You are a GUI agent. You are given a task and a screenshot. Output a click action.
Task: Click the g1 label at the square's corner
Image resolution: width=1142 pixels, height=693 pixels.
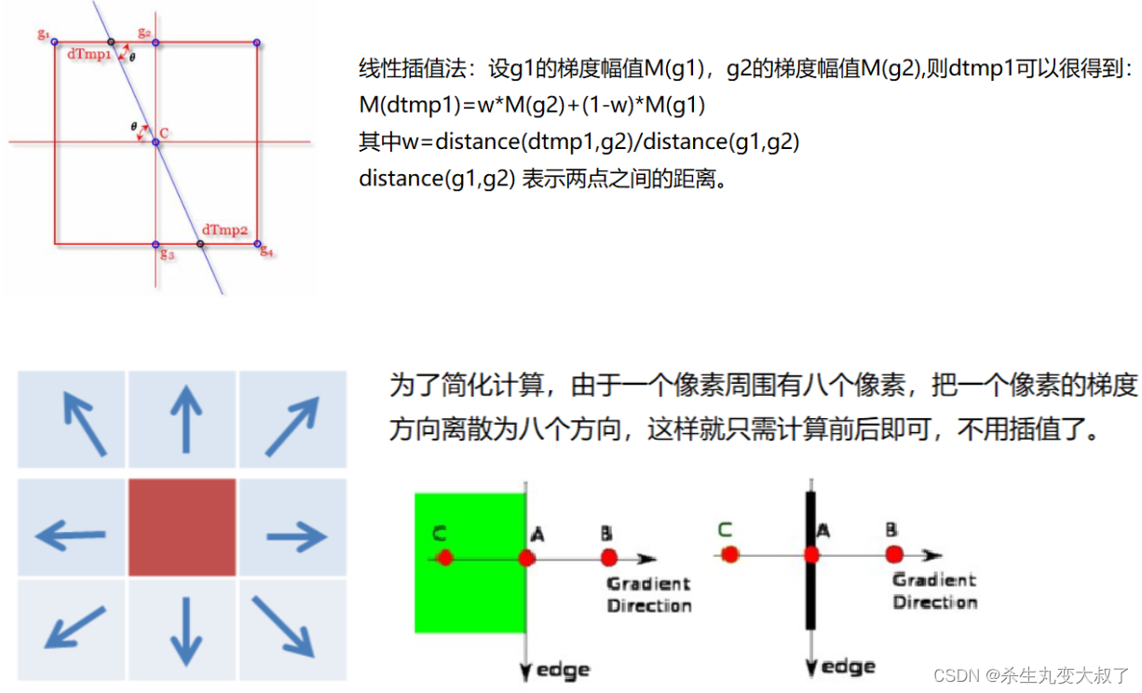(x=43, y=34)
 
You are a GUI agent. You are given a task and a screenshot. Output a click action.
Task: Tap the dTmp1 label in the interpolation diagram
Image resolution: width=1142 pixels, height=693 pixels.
(x=88, y=54)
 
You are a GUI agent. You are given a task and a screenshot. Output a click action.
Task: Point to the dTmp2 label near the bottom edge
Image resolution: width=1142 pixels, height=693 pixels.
(x=225, y=229)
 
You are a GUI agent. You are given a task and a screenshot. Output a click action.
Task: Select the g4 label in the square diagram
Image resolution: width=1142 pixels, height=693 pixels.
(x=265, y=251)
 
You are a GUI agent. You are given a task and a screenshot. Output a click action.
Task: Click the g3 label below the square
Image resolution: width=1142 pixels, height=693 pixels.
(x=167, y=253)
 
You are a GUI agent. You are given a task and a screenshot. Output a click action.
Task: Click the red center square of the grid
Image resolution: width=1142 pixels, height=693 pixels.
(x=183, y=527)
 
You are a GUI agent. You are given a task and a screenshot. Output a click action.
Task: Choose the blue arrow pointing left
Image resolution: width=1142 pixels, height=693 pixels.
(x=70, y=536)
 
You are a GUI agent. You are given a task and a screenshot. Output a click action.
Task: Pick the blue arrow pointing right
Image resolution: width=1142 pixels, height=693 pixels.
(x=296, y=536)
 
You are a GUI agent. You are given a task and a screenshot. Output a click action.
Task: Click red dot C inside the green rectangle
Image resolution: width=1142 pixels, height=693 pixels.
(x=444, y=557)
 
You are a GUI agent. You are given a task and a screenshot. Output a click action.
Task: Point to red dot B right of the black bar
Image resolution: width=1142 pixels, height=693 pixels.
(x=894, y=554)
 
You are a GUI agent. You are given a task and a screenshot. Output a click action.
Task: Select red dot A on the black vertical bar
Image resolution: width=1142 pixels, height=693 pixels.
(x=811, y=554)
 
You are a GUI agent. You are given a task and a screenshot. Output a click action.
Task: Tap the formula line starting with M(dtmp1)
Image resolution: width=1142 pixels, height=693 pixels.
(x=531, y=104)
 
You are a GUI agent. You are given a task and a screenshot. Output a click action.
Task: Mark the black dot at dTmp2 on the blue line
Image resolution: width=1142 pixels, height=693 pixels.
(x=200, y=244)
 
